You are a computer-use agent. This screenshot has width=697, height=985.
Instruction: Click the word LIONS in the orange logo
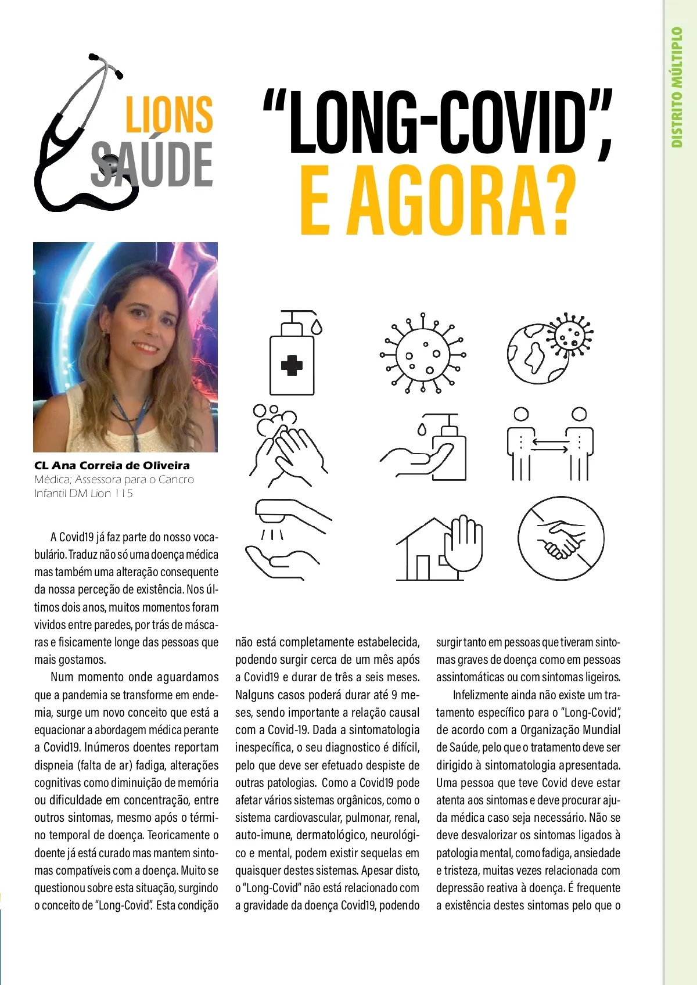[x=169, y=114]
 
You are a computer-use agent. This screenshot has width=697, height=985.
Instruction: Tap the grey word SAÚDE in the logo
[x=152, y=165]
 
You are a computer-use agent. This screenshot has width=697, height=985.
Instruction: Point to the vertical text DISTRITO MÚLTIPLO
[x=677, y=87]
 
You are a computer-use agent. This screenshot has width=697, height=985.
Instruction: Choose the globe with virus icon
[x=549, y=348]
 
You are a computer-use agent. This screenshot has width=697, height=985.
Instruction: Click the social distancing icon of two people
[x=550, y=444]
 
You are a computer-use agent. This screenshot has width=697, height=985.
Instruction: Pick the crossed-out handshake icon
[x=561, y=541]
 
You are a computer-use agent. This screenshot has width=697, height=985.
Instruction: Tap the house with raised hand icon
[x=440, y=549]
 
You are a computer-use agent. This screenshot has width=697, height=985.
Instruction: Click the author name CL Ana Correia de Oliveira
[x=112, y=465]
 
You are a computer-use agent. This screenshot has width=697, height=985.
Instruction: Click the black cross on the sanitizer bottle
[x=292, y=366]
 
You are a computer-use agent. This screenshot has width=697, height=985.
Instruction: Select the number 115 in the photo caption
[x=124, y=494]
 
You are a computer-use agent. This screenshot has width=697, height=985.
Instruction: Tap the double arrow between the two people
[x=550, y=445]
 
